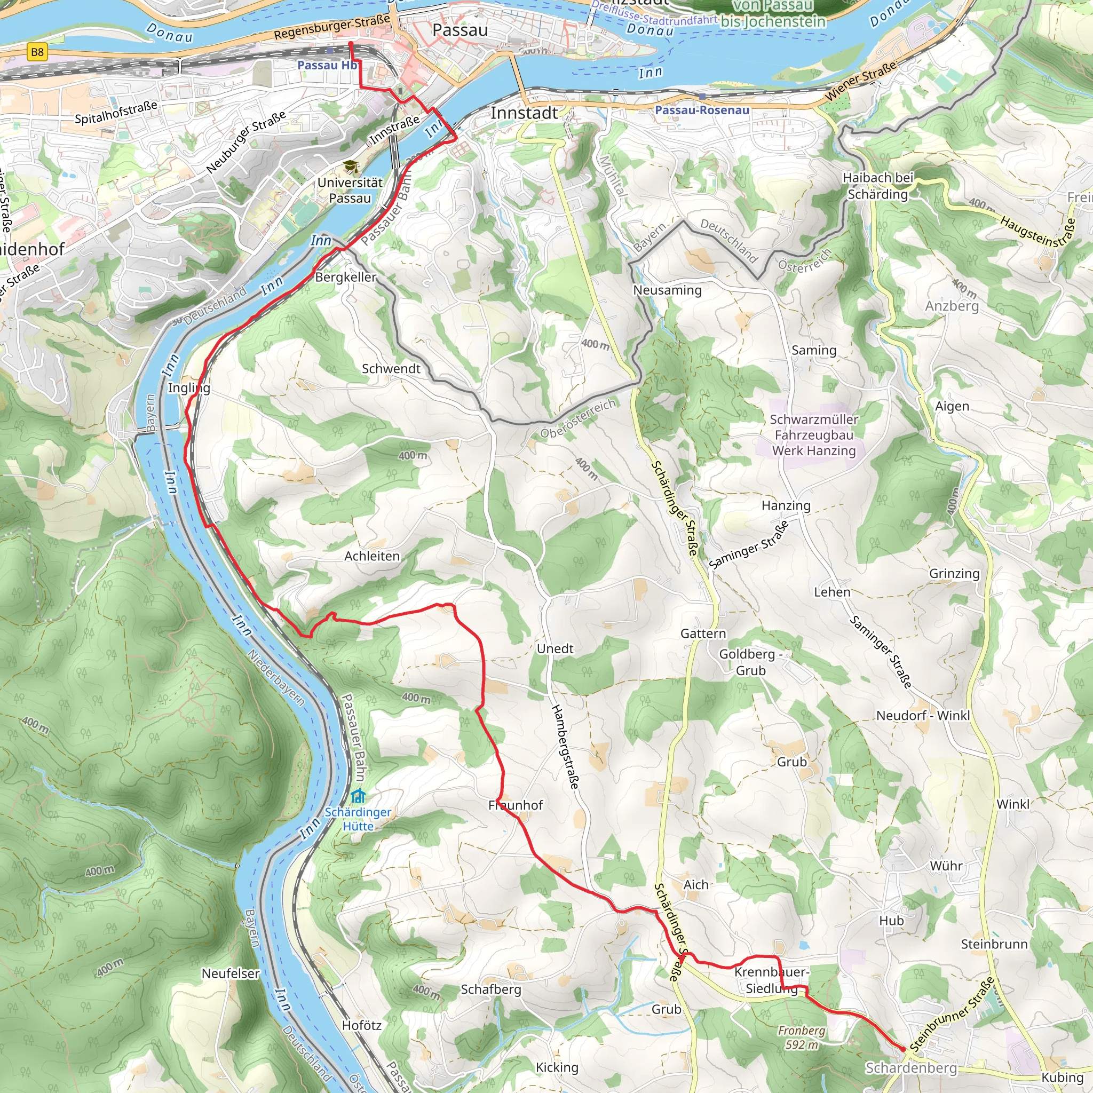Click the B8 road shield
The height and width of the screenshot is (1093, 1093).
point(37,53)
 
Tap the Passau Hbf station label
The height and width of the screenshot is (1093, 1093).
point(328,66)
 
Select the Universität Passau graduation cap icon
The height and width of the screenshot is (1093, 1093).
point(351,167)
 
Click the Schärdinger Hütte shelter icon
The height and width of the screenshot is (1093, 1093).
point(358,797)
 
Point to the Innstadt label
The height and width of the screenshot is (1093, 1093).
point(524,113)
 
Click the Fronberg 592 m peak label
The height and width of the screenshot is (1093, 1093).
point(801,1037)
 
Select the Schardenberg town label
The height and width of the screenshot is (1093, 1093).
point(911,1067)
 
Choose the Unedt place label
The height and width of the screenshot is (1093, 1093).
point(555,649)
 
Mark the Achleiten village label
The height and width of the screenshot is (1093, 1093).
point(371,557)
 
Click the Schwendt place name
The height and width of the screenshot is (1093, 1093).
point(391,369)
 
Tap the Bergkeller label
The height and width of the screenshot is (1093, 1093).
point(345,277)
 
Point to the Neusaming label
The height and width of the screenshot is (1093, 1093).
point(667,290)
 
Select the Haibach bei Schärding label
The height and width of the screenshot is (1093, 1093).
point(878,186)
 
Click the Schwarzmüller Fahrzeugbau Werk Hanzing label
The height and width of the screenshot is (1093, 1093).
point(813,435)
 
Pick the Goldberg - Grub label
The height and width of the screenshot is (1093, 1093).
point(750,662)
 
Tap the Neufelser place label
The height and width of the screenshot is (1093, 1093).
point(230,973)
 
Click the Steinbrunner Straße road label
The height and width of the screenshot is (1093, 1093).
point(952,1014)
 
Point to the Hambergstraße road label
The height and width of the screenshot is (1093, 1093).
point(566,747)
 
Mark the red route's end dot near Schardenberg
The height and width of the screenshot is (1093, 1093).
point(903,1049)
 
